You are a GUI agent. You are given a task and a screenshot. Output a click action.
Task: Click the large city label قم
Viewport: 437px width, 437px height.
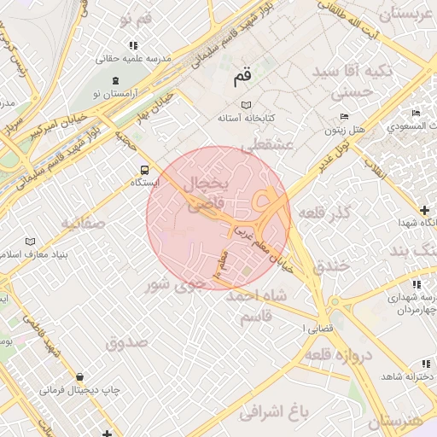pyautogui.click(x=242, y=77)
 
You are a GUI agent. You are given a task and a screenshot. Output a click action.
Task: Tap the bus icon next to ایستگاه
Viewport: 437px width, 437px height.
pyautogui.click(x=143, y=170)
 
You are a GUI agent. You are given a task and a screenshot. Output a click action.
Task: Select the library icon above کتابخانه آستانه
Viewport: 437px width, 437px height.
pyautogui.click(x=247, y=104)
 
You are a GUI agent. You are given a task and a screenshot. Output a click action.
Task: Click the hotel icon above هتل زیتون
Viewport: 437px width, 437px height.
pyautogui.click(x=343, y=117)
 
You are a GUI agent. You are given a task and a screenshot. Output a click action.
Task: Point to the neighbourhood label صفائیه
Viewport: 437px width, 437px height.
pyautogui.click(x=82, y=224)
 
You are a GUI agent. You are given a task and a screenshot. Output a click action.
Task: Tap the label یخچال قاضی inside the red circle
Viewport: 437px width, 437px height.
pyautogui.click(x=204, y=195)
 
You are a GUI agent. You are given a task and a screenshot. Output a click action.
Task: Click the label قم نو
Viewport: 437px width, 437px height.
pyautogui.click(x=137, y=19)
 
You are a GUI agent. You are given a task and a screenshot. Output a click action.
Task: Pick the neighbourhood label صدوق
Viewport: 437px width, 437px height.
pyautogui.click(x=127, y=342)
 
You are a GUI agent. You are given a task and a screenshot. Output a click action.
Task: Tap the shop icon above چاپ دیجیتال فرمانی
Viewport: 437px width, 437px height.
pyautogui.click(x=79, y=376)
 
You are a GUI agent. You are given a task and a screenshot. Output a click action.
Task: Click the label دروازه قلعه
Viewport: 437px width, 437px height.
pyautogui.click(x=347, y=354)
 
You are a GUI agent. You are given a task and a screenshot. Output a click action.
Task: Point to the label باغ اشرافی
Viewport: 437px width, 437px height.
pyautogui.click(x=272, y=414)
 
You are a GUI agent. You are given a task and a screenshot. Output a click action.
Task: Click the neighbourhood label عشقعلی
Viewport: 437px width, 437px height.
pyautogui.click(x=267, y=147)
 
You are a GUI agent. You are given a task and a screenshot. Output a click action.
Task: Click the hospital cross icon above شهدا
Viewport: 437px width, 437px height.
pyautogui.click(x=424, y=210)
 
